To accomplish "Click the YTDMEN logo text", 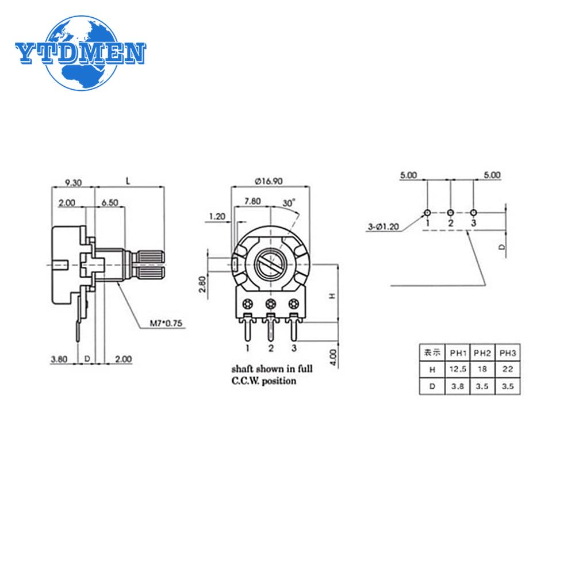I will point(80,53).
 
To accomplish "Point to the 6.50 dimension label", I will point(110,202).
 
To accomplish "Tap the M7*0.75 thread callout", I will point(162,324).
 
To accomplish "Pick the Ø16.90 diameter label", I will point(267,181).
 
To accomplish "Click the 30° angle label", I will point(289,203).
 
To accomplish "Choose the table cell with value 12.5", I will point(458,369).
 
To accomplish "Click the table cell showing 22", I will point(507,369).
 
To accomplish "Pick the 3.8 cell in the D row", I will point(458,386).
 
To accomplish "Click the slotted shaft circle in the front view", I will point(270,266).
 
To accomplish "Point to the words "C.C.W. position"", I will point(264,381).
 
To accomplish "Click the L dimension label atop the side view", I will point(128,181).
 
